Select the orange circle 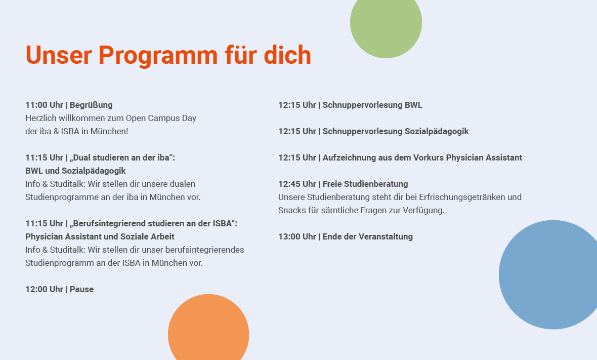(x=208, y=330)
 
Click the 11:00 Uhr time (x=44, y=105)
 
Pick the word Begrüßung (x=91, y=105)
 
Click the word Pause (x=81, y=290)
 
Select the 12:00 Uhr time (x=44, y=290)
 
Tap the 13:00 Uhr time (x=297, y=236)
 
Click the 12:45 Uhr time (x=297, y=184)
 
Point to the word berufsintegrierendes (x=206, y=250)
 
